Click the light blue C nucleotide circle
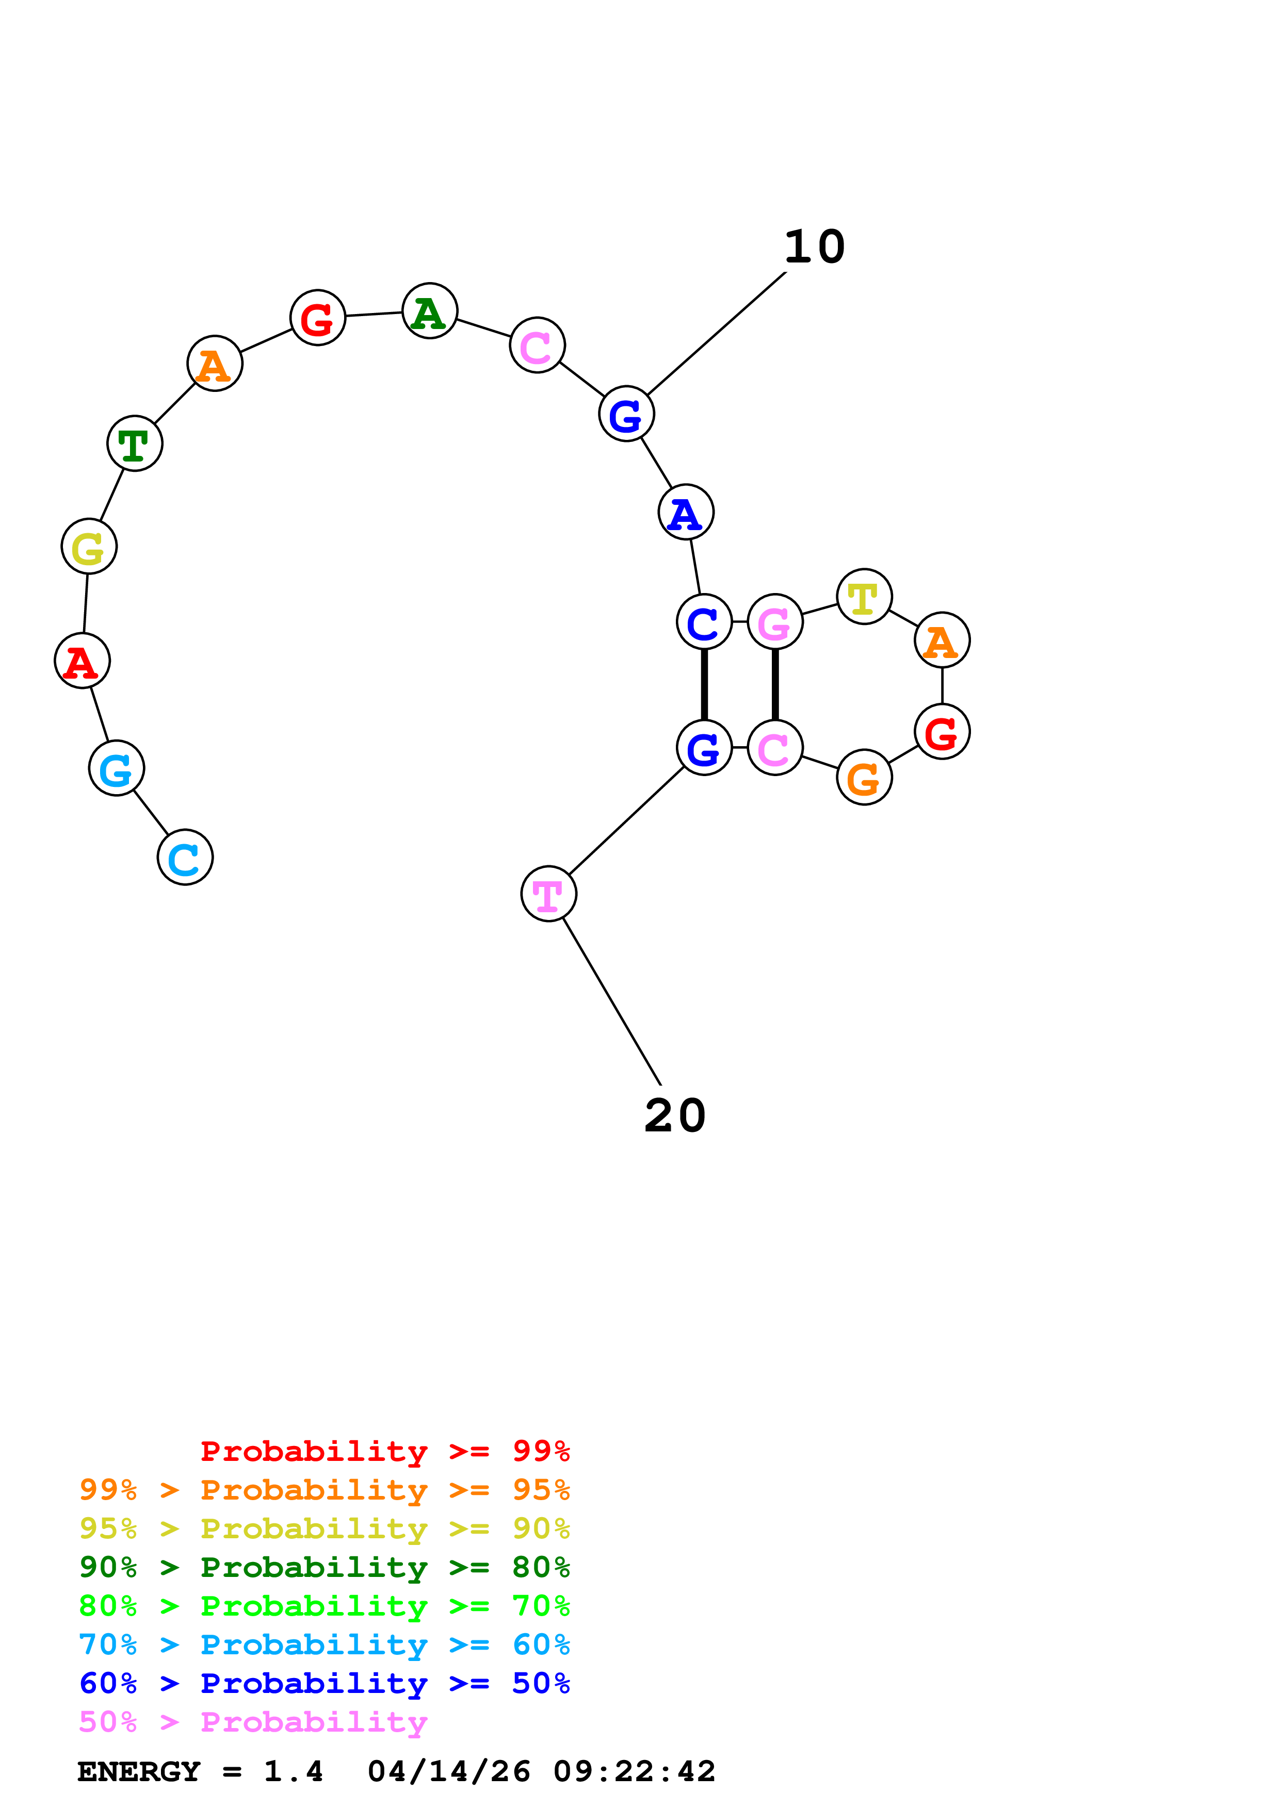coord(185,857)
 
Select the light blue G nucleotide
coord(117,768)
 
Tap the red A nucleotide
coord(82,661)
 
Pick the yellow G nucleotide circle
coord(89,547)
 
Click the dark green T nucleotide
coord(135,443)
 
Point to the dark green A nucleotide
coord(429,311)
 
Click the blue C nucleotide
coord(704,621)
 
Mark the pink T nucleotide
coord(548,894)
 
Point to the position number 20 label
coord(674,1115)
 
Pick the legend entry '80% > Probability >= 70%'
coord(324,1606)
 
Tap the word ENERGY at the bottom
coord(139,1772)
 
